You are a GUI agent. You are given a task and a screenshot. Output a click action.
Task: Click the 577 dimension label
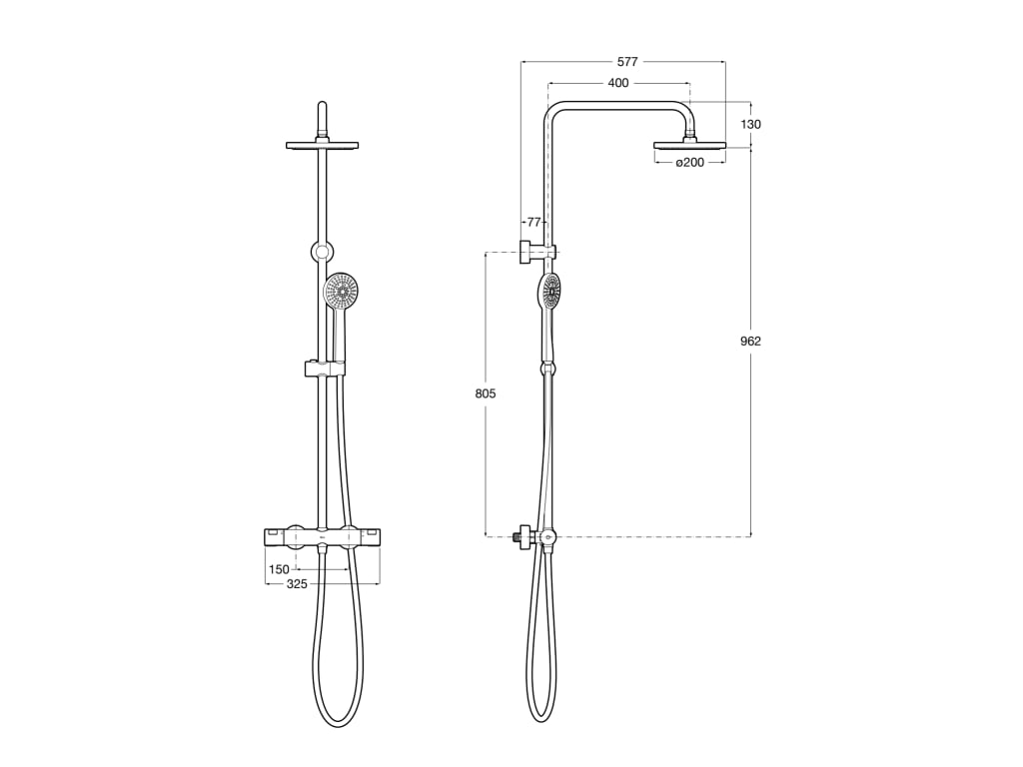627,62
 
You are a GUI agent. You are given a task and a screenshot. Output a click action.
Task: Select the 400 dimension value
618,83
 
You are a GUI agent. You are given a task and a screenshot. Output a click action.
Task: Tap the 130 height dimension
751,125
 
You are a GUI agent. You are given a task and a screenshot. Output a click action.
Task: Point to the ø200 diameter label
689,162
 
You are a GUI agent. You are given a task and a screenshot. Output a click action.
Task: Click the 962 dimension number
751,341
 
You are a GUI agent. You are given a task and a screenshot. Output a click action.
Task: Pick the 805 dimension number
486,393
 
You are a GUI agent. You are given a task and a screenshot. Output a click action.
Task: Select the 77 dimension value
532,222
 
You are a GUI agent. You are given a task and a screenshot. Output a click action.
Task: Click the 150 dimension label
279,570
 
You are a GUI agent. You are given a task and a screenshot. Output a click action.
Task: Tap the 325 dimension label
297,584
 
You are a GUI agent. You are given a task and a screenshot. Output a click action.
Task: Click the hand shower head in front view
342,292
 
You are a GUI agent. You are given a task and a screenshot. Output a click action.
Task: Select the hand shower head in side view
549,292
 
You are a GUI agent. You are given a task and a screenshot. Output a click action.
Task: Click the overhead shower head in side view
689,145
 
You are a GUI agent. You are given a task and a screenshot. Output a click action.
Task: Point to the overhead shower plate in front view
322,146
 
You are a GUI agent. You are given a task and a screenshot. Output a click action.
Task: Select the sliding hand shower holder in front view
324,370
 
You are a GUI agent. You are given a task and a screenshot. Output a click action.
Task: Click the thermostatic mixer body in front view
322,538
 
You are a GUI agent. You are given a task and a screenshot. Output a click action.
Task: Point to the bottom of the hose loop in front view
338,723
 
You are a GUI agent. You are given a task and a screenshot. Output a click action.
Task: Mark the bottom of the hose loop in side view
540,718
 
